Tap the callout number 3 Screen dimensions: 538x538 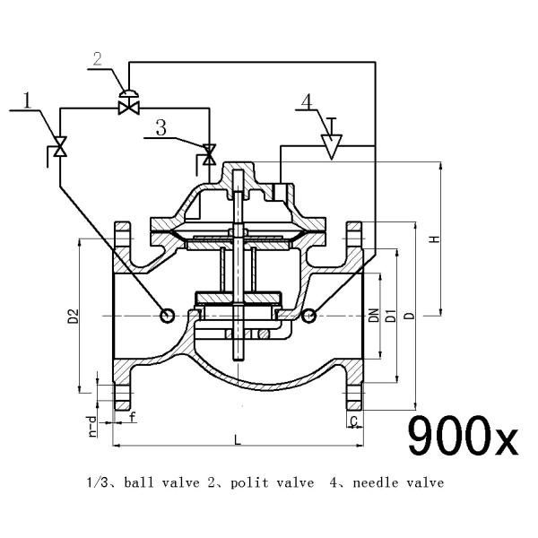[161, 127]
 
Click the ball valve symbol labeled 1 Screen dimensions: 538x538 [60, 147]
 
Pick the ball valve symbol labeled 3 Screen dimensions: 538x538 [209, 155]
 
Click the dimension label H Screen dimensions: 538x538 [433, 239]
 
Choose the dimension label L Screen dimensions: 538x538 [236, 439]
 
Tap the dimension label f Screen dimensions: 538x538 [133, 417]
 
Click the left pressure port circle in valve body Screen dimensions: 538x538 [167, 315]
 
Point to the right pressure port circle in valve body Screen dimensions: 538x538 [309, 315]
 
